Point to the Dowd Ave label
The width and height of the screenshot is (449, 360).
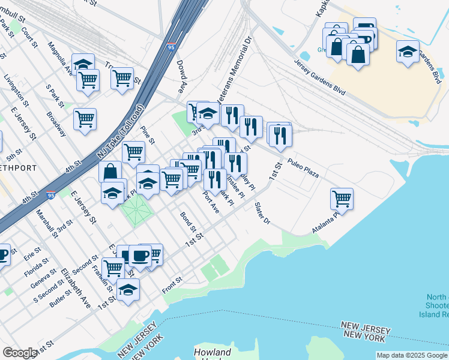[x=182, y=78]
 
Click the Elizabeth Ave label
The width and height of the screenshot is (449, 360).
[x=76, y=289]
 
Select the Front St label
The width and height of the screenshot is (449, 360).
[x=172, y=285]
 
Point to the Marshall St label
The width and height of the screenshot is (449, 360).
[x=46, y=223]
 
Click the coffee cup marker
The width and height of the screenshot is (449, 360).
[x=140, y=256]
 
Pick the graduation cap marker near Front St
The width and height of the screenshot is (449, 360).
[x=128, y=289]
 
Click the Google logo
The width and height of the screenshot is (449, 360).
[x=20, y=353]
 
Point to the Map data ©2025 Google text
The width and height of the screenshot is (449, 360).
[x=412, y=355]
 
